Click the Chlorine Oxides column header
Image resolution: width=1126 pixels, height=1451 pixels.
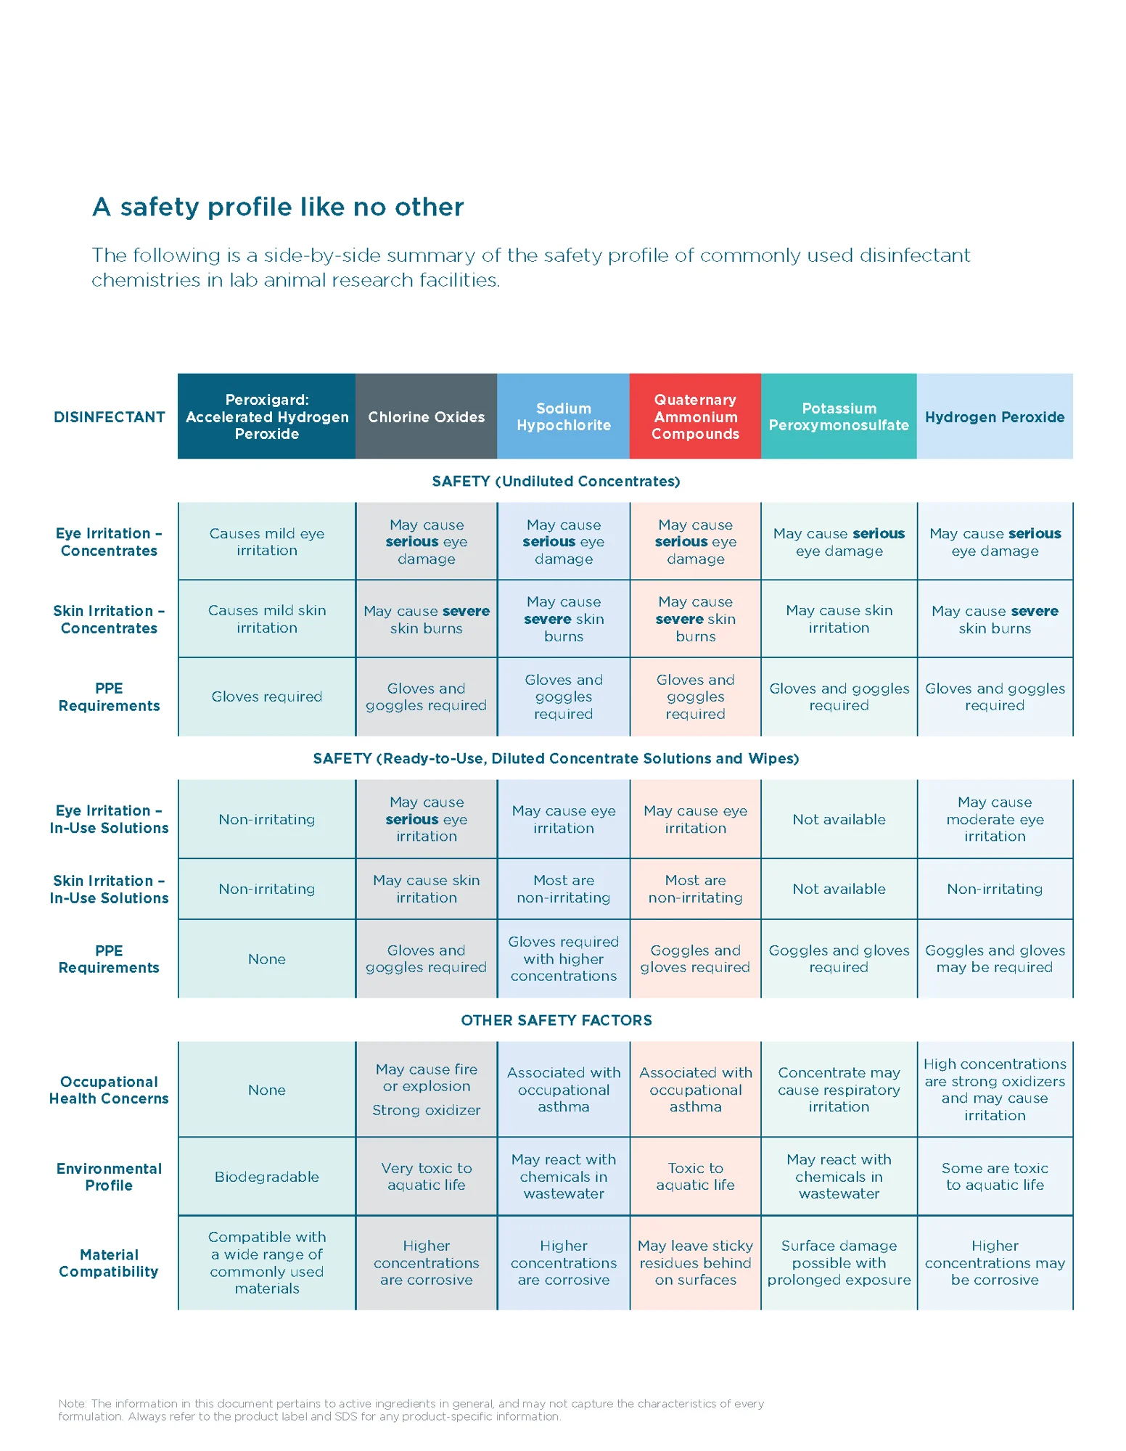(426, 416)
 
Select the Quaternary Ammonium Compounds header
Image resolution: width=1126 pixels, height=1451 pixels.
(695, 416)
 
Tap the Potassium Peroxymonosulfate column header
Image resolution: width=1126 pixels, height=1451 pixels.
(839, 416)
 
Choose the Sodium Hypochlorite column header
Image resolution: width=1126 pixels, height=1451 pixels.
(564, 416)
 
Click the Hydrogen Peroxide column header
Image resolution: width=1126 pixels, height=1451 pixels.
(995, 416)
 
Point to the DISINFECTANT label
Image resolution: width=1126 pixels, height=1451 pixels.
(109, 417)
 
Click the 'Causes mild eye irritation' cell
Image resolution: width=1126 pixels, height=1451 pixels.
(267, 541)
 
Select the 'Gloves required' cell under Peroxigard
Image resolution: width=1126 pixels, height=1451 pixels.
(267, 696)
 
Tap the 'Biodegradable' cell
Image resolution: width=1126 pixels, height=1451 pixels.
(267, 1176)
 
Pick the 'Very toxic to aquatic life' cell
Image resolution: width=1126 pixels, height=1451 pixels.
(426, 1176)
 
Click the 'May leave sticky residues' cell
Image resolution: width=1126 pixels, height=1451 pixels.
(695, 1262)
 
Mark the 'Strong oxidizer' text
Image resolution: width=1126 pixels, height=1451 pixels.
(426, 1110)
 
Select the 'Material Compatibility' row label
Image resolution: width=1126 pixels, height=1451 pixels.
(109, 1262)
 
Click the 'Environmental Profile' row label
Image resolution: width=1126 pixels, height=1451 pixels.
(109, 1176)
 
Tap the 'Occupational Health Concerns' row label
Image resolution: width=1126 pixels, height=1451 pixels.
(109, 1090)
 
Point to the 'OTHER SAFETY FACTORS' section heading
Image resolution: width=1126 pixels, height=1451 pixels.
(556, 1020)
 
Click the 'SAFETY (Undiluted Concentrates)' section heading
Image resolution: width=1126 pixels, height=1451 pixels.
(556, 481)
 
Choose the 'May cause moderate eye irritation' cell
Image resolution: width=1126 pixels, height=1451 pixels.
(995, 819)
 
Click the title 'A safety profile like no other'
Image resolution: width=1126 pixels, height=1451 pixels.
(278, 207)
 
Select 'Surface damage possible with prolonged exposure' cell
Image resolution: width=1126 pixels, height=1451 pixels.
(839, 1262)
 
